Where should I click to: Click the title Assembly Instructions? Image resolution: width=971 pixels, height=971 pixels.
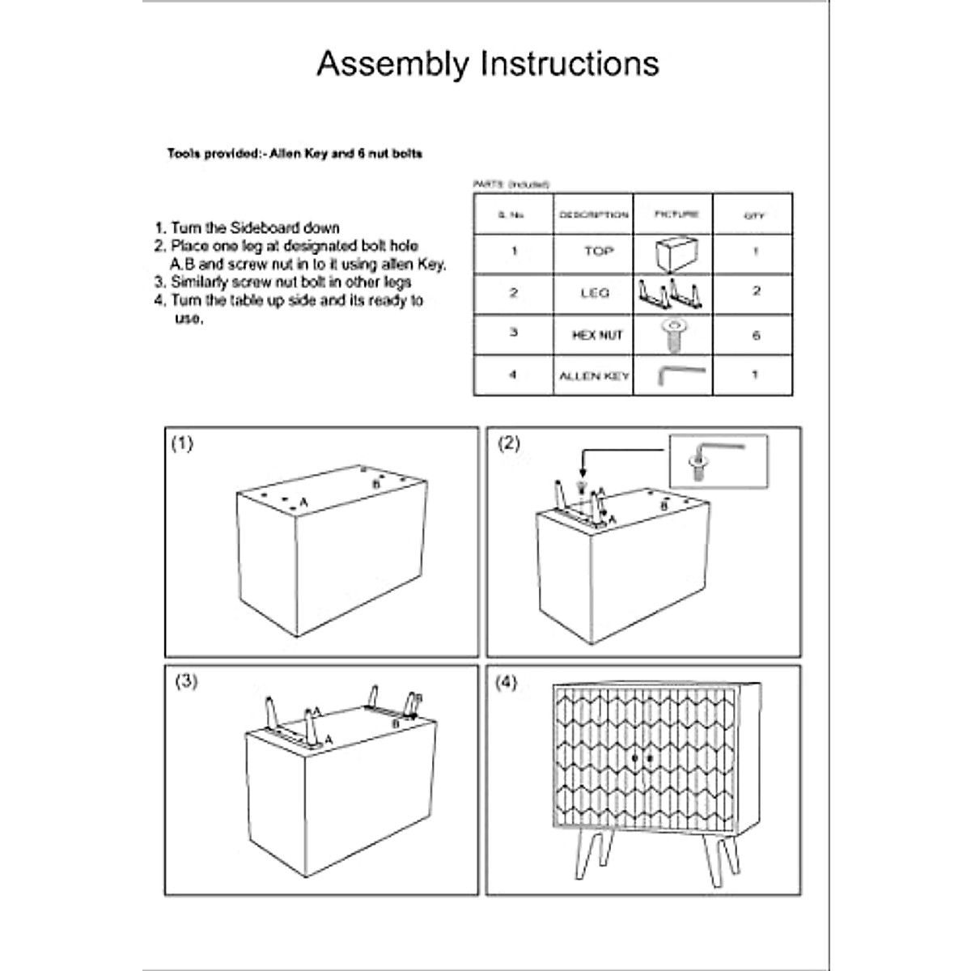(487, 64)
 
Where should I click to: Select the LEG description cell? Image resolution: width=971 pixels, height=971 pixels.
(595, 293)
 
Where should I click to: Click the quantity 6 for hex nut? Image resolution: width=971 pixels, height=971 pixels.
(756, 335)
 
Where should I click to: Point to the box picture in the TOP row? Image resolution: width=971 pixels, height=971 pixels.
(675, 254)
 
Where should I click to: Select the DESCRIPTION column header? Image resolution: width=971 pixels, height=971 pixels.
(594, 215)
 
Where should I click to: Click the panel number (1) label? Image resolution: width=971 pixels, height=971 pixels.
(183, 443)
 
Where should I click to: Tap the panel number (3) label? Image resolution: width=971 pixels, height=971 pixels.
(186, 681)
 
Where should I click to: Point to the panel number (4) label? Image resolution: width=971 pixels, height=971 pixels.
(505, 682)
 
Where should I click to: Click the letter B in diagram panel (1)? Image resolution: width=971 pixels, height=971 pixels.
(375, 483)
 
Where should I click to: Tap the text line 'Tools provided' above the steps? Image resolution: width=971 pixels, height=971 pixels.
(295, 153)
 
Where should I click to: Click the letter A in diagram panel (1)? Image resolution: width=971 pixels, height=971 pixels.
(303, 502)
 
